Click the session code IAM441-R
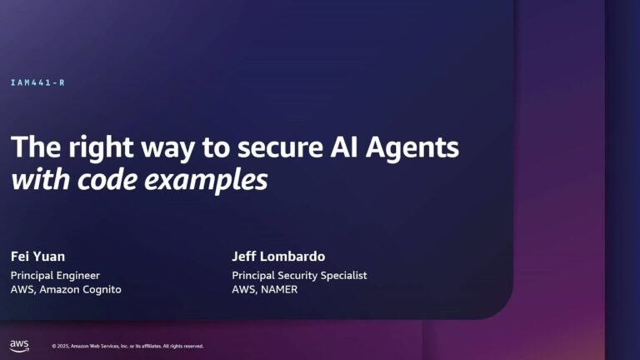click(x=38, y=82)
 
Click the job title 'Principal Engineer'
click(x=55, y=275)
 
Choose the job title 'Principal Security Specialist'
click(x=299, y=275)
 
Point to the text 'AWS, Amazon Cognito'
click(x=66, y=290)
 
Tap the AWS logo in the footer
click(x=19, y=344)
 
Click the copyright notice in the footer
click(x=127, y=346)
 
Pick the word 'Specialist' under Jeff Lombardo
click(x=342, y=275)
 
